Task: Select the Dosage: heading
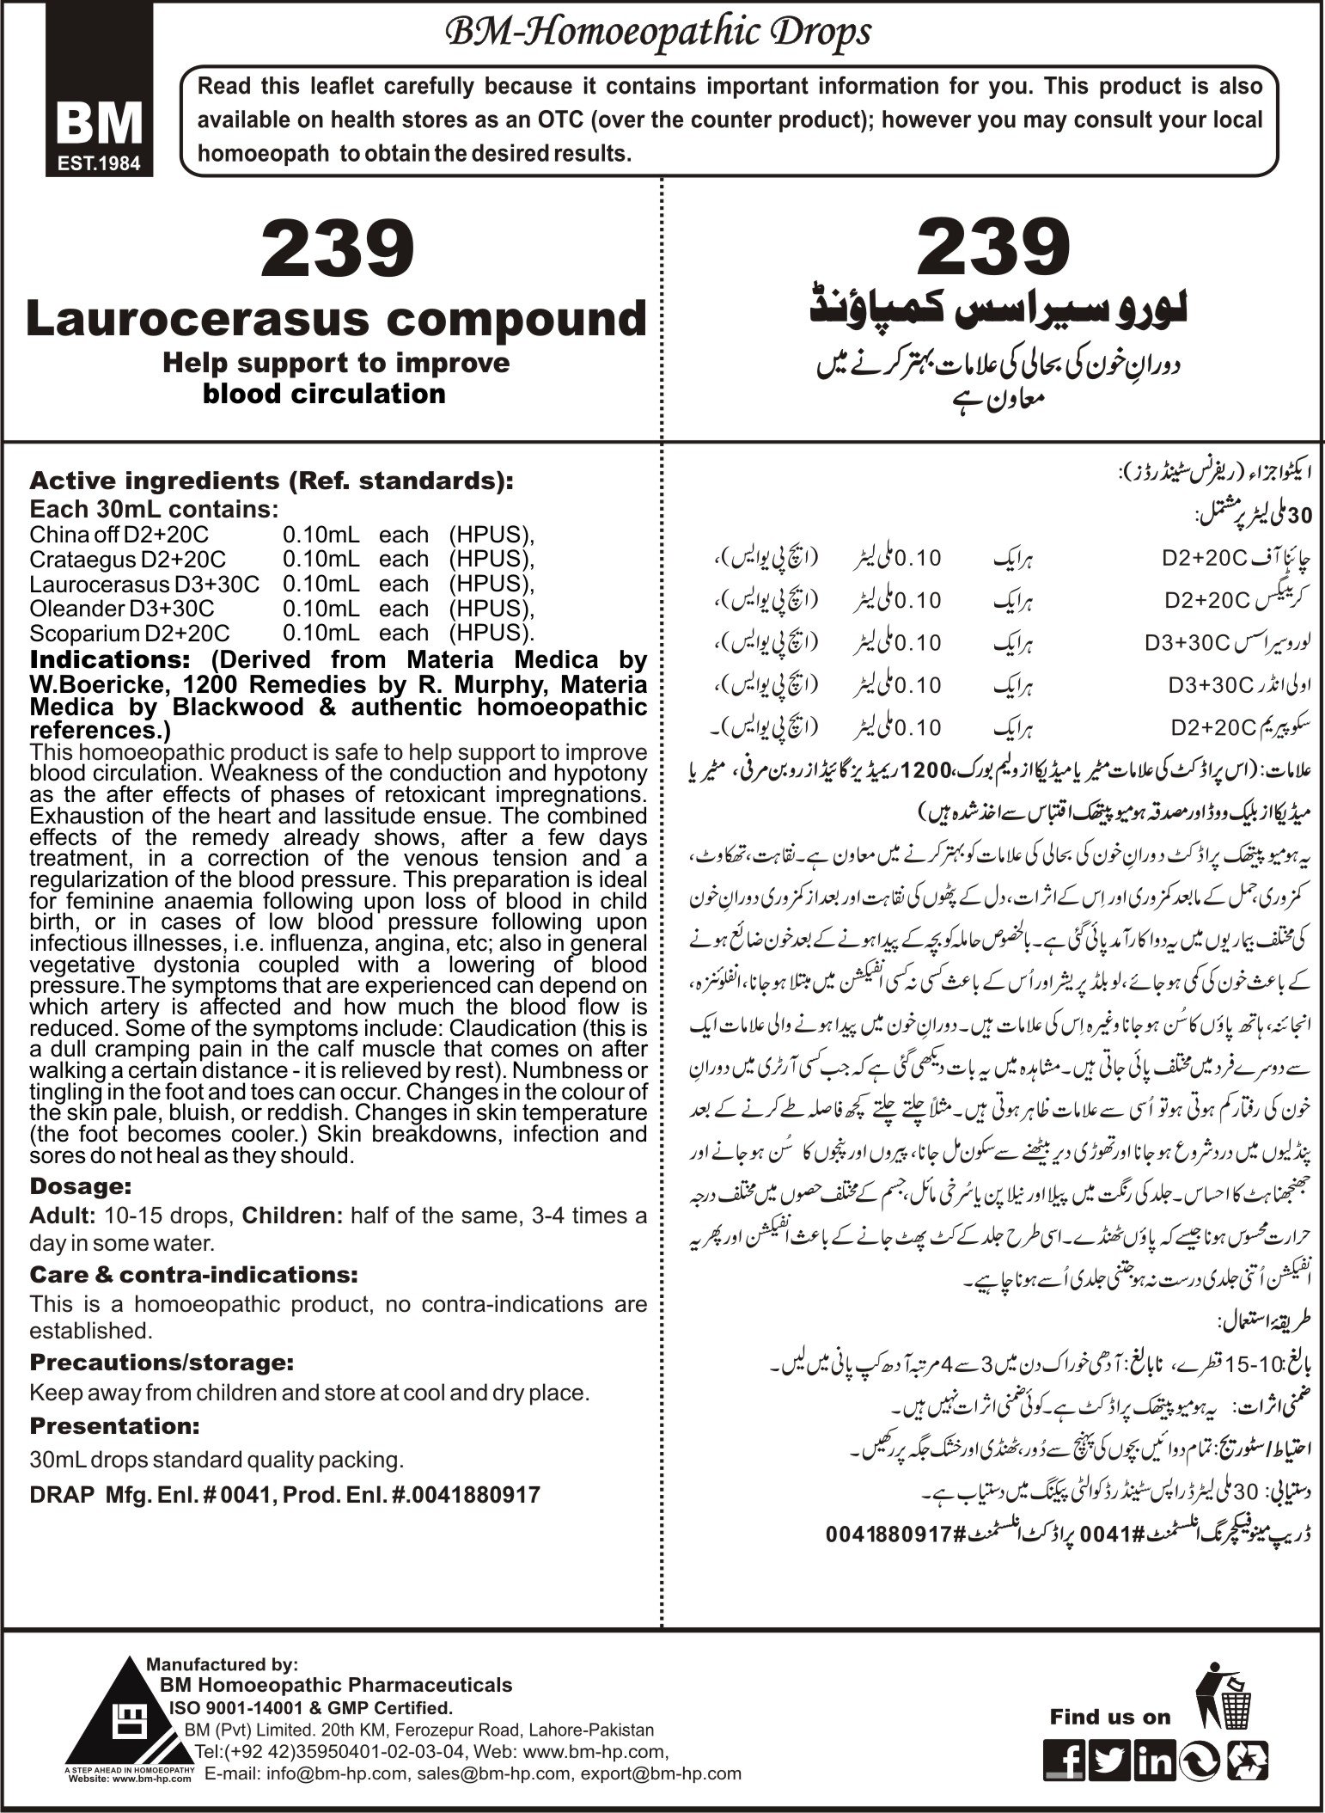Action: coord(80,1186)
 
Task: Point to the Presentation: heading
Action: coord(114,1425)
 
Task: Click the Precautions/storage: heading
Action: coord(160,1363)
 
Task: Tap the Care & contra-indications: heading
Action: coord(193,1273)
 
